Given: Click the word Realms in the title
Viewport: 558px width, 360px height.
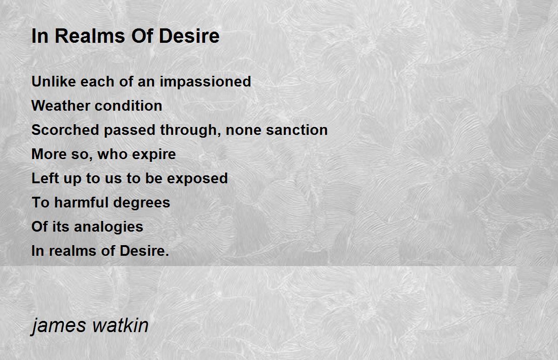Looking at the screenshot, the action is point(90,36).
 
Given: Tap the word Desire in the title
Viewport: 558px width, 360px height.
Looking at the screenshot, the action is point(189,36).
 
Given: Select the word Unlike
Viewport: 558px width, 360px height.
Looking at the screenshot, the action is point(54,81).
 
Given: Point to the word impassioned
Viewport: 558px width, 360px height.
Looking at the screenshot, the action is point(205,82).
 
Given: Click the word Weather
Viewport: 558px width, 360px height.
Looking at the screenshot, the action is point(61,106).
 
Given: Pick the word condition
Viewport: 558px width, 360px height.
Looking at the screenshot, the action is point(128,106).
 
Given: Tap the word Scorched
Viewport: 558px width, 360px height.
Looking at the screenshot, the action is point(65,130).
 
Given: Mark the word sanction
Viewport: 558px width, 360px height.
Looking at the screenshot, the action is point(297,130).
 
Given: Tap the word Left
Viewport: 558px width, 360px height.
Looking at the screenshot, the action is point(45,178).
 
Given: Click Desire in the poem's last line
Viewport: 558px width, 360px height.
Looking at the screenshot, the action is point(144,251).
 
